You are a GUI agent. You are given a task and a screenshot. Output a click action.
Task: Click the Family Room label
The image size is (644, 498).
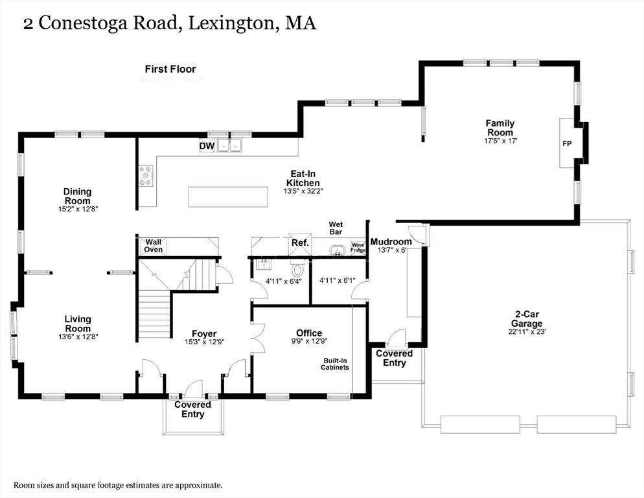pos(500,128)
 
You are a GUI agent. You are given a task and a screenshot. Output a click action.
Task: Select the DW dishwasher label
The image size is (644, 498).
pos(207,147)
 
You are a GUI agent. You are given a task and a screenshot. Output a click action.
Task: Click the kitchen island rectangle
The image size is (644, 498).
pos(227,196)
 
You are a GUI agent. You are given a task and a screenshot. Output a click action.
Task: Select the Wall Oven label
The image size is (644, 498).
pos(153,246)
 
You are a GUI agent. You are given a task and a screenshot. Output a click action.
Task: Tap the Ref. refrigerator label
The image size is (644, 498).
pos(299,243)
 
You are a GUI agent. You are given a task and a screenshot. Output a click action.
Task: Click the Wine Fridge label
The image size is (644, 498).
pos(358,247)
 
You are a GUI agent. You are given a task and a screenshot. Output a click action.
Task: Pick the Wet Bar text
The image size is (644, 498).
pos(336,228)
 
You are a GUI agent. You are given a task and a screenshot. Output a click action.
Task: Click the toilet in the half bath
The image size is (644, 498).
pos(298,268)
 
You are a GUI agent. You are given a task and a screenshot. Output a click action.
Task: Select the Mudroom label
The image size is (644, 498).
pos(391,242)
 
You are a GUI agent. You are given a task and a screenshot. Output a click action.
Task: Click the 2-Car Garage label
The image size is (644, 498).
pos(525,319)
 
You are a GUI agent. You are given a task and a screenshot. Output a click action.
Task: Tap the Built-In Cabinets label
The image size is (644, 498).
pos(335,364)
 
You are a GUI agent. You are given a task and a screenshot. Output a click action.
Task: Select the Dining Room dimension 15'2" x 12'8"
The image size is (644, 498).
pos(77,209)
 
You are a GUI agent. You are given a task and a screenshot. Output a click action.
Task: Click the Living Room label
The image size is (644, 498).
pos(77,324)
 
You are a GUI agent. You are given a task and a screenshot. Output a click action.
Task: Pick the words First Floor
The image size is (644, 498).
pos(170,69)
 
